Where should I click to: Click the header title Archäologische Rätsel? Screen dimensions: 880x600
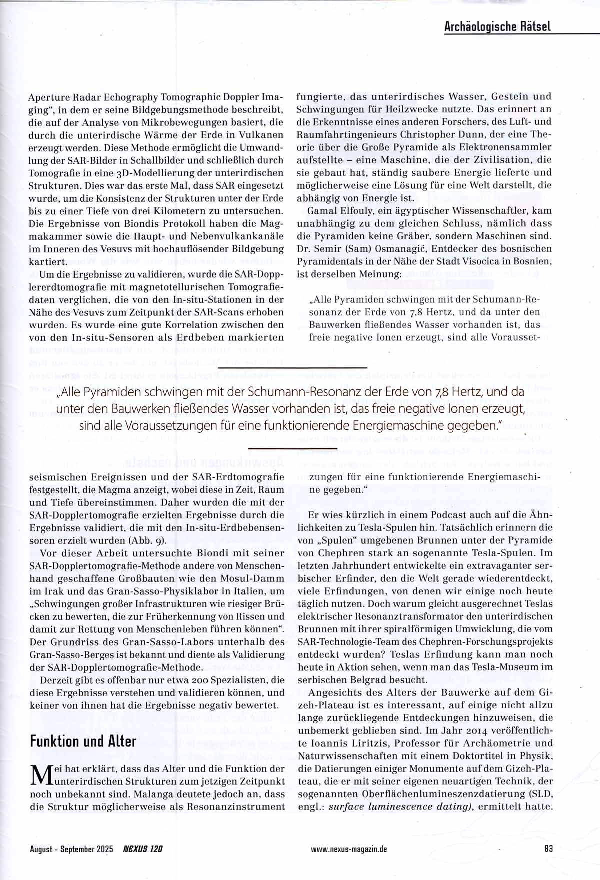[x=497, y=26]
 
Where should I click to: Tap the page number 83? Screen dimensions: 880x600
[x=548, y=848]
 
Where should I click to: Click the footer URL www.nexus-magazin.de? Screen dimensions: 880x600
[x=349, y=849]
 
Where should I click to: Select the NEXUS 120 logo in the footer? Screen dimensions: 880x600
[x=143, y=849]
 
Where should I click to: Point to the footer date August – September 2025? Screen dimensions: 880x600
[x=71, y=849]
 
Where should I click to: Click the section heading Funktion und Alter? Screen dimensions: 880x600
[x=83, y=741]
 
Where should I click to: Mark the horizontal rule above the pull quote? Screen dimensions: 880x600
[x=292, y=368]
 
